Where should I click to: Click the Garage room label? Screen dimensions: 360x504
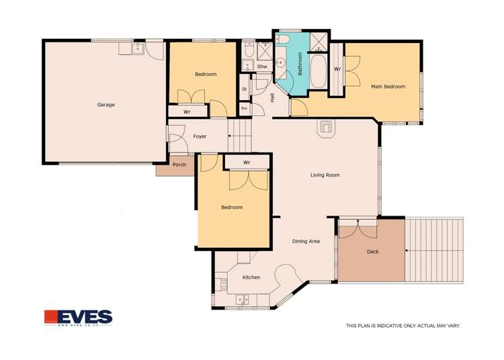click(x=106, y=105)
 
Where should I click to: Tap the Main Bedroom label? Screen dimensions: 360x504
click(x=388, y=87)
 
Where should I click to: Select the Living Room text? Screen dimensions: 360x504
click(x=325, y=175)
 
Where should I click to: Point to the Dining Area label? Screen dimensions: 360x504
click(x=305, y=241)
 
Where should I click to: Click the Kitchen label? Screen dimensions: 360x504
click(x=251, y=277)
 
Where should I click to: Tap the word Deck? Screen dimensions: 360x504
click(x=372, y=252)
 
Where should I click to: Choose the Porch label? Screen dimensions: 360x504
click(x=179, y=165)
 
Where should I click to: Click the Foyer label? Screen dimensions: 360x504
click(x=200, y=136)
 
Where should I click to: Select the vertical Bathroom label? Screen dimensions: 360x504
click(x=300, y=63)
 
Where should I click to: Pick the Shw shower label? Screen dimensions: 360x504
click(x=262, y=66)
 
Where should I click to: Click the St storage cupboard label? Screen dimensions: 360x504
click(x=244, y=89)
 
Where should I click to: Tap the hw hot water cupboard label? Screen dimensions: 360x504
click(x=244, y=108)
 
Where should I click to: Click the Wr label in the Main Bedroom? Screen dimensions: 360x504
click(x=337, y=69)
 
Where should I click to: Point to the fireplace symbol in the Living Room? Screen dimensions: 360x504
click(x=327, y=128)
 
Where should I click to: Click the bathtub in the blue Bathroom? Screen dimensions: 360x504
click(x=318, y=73)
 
